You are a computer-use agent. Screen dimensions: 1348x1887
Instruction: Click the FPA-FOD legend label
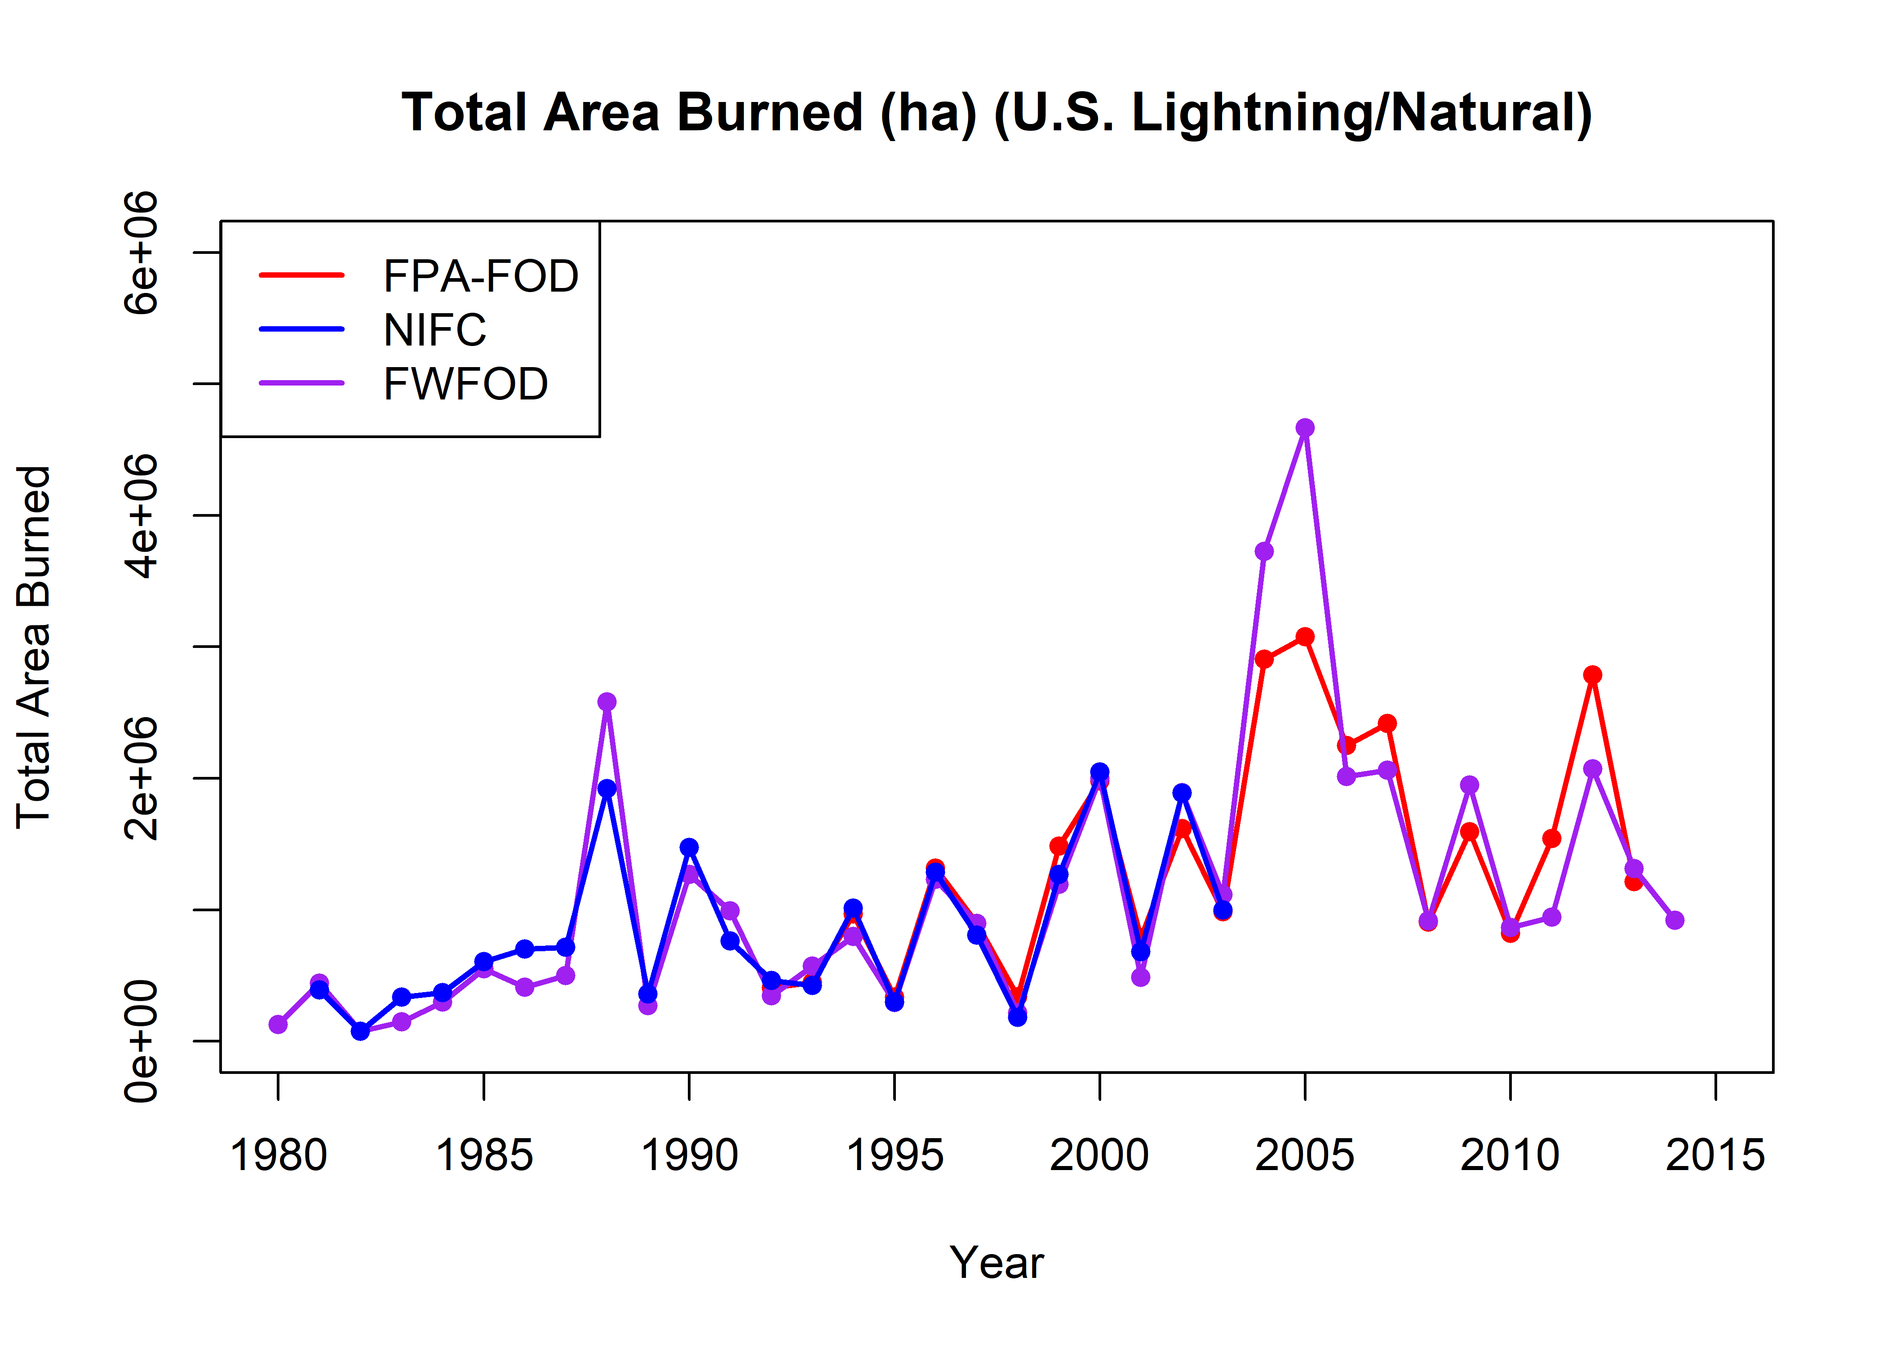[x=480, y=275]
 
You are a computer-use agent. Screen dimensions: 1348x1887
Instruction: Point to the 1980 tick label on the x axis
[x=278, y=1155]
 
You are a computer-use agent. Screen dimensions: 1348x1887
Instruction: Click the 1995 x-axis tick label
[x=895, y=1155]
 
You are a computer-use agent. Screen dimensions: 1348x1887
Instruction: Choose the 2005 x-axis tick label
[x=1304, y=1155]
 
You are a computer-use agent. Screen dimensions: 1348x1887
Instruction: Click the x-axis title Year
[x=997, y=1263]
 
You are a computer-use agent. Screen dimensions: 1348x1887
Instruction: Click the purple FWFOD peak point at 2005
[x=1304, y=427]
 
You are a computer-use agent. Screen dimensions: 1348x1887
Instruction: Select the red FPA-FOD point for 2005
[x=1304, y=637]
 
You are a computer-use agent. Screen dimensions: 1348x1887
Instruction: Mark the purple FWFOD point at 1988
[x=607, y=701]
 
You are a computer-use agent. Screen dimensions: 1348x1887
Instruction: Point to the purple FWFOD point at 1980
[x=278, y=1024]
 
